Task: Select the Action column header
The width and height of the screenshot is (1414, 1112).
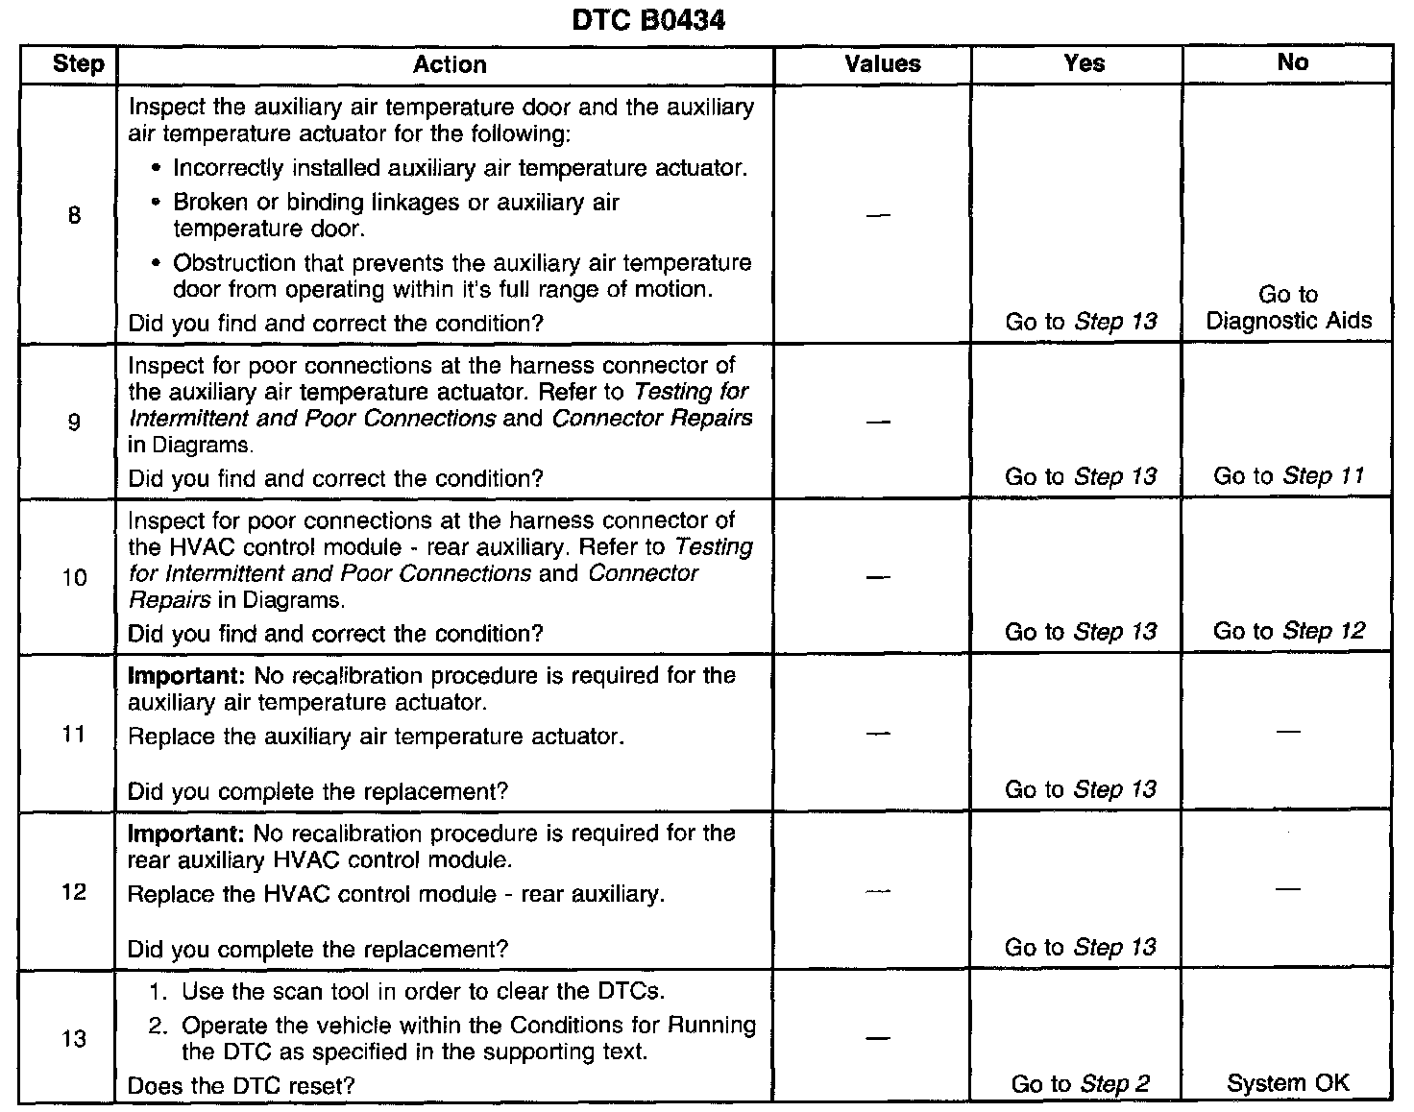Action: (450, 64)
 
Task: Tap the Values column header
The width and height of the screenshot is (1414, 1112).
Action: (882, 63)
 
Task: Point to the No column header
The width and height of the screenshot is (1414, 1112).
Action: (1292, 62)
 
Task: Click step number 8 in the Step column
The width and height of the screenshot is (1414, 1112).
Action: (74, 215)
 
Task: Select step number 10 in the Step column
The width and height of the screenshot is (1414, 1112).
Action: (74, 578)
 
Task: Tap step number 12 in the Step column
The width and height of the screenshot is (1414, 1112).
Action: (74, 892)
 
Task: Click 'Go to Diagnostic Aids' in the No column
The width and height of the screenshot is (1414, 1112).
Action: (1288, 307)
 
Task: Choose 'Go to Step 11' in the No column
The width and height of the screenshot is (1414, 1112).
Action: (1288, 475)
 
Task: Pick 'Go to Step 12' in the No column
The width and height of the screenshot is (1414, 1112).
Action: (1288, 631)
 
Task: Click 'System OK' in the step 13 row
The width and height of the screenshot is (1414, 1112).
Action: (1288, 1083)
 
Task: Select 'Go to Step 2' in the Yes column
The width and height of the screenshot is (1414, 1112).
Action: (1080, 1084)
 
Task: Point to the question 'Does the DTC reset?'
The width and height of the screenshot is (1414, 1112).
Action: (241, 1086)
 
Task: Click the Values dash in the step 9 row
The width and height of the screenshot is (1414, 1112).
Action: (877, 423)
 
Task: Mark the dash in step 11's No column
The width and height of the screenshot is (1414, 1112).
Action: (1288, 732)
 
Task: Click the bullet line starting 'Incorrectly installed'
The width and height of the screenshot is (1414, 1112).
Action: (460, 168)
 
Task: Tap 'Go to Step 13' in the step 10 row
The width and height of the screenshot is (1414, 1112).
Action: (1081, 632)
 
